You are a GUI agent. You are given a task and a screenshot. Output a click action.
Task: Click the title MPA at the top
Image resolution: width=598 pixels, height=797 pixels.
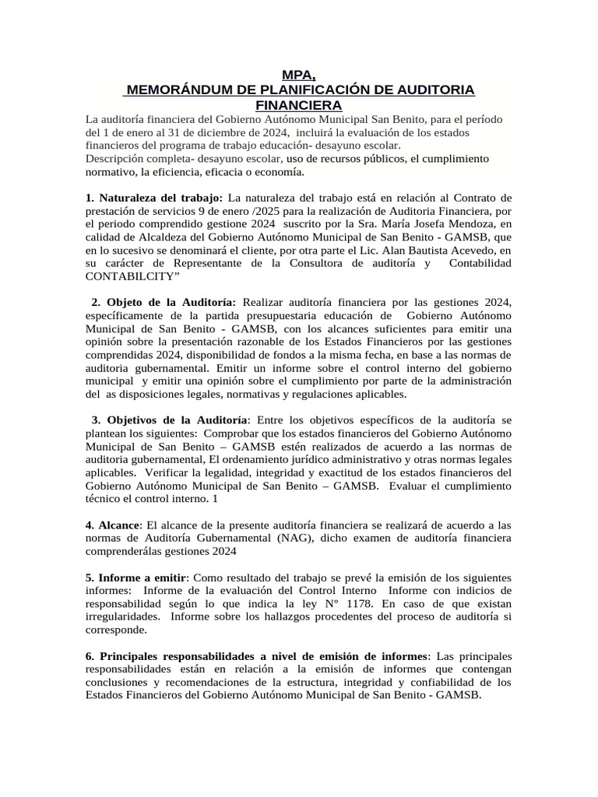pyautogui.click(x=298, y=75)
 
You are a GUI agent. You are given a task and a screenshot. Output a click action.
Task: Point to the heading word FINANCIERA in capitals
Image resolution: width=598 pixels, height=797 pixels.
pyautogui.click(x=299, y=105)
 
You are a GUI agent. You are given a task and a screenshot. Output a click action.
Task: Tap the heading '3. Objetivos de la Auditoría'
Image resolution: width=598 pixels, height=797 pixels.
pyautogui.click(x=171, y=419)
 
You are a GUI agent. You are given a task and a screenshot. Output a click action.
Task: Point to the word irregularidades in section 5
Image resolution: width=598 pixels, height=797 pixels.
pyautogui.click(x=124, y=617)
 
